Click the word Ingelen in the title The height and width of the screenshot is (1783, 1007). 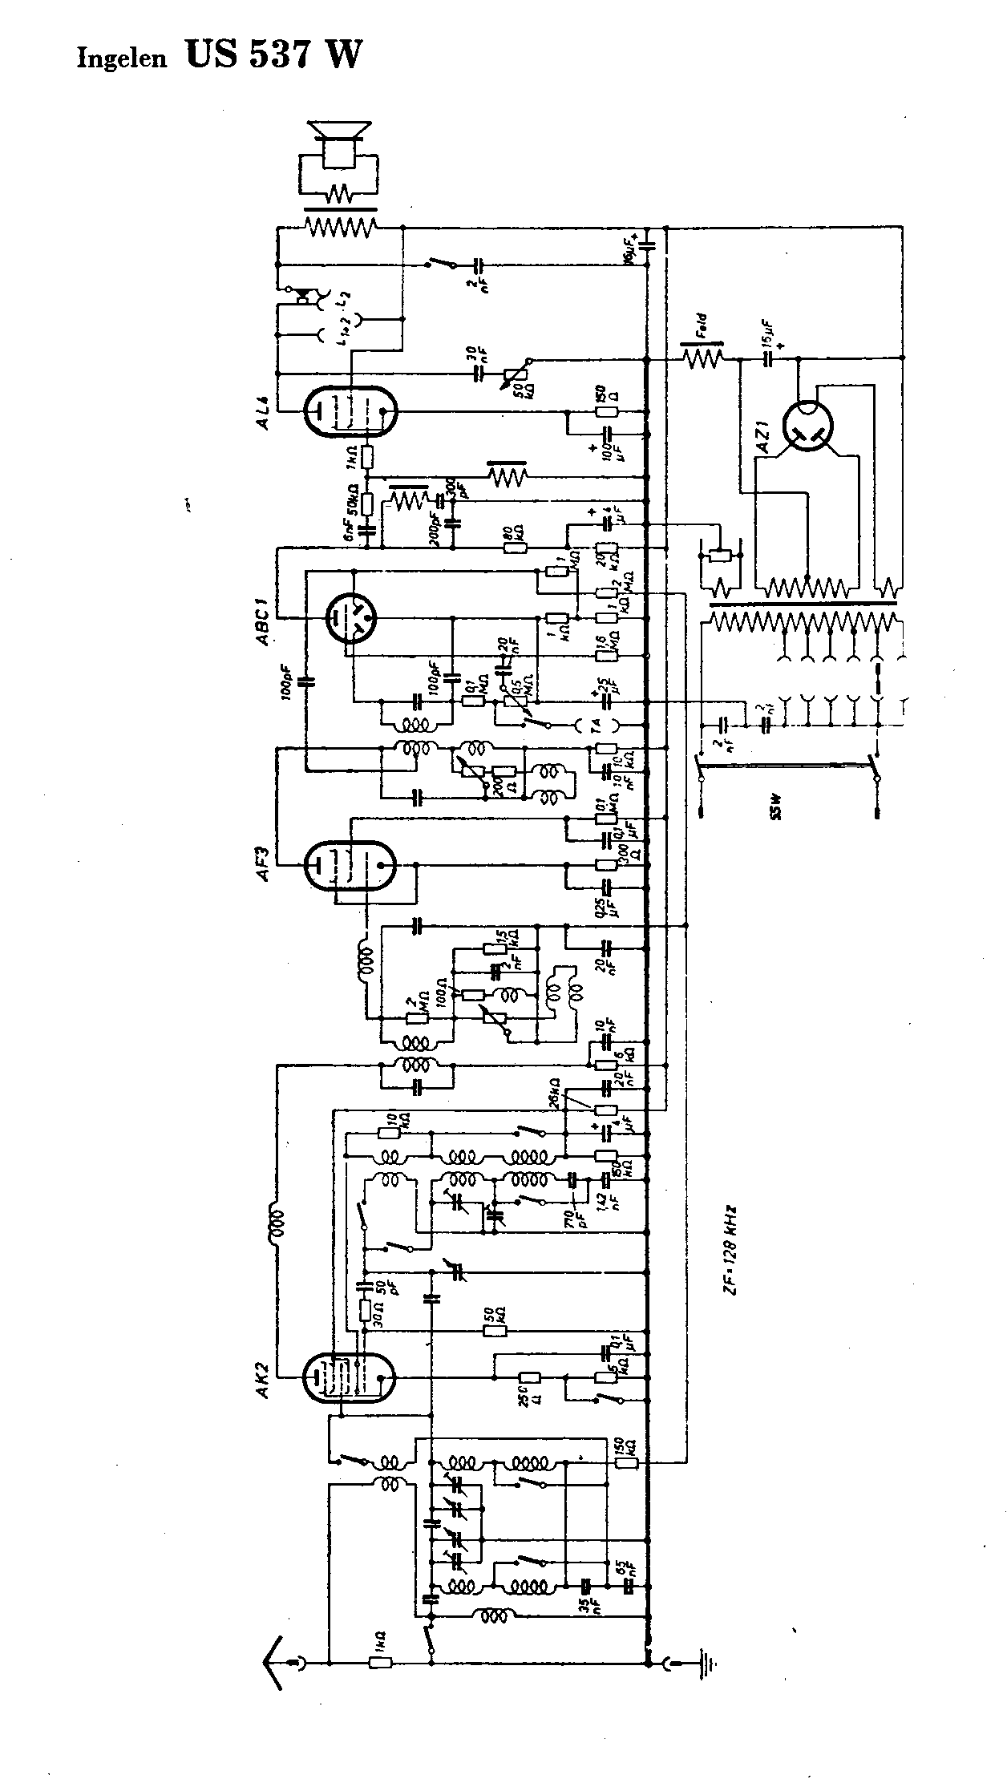(x=121, y=59)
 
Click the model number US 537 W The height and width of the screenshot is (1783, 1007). (x=273, y=55)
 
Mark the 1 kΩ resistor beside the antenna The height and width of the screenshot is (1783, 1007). (x=380, y=1663)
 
